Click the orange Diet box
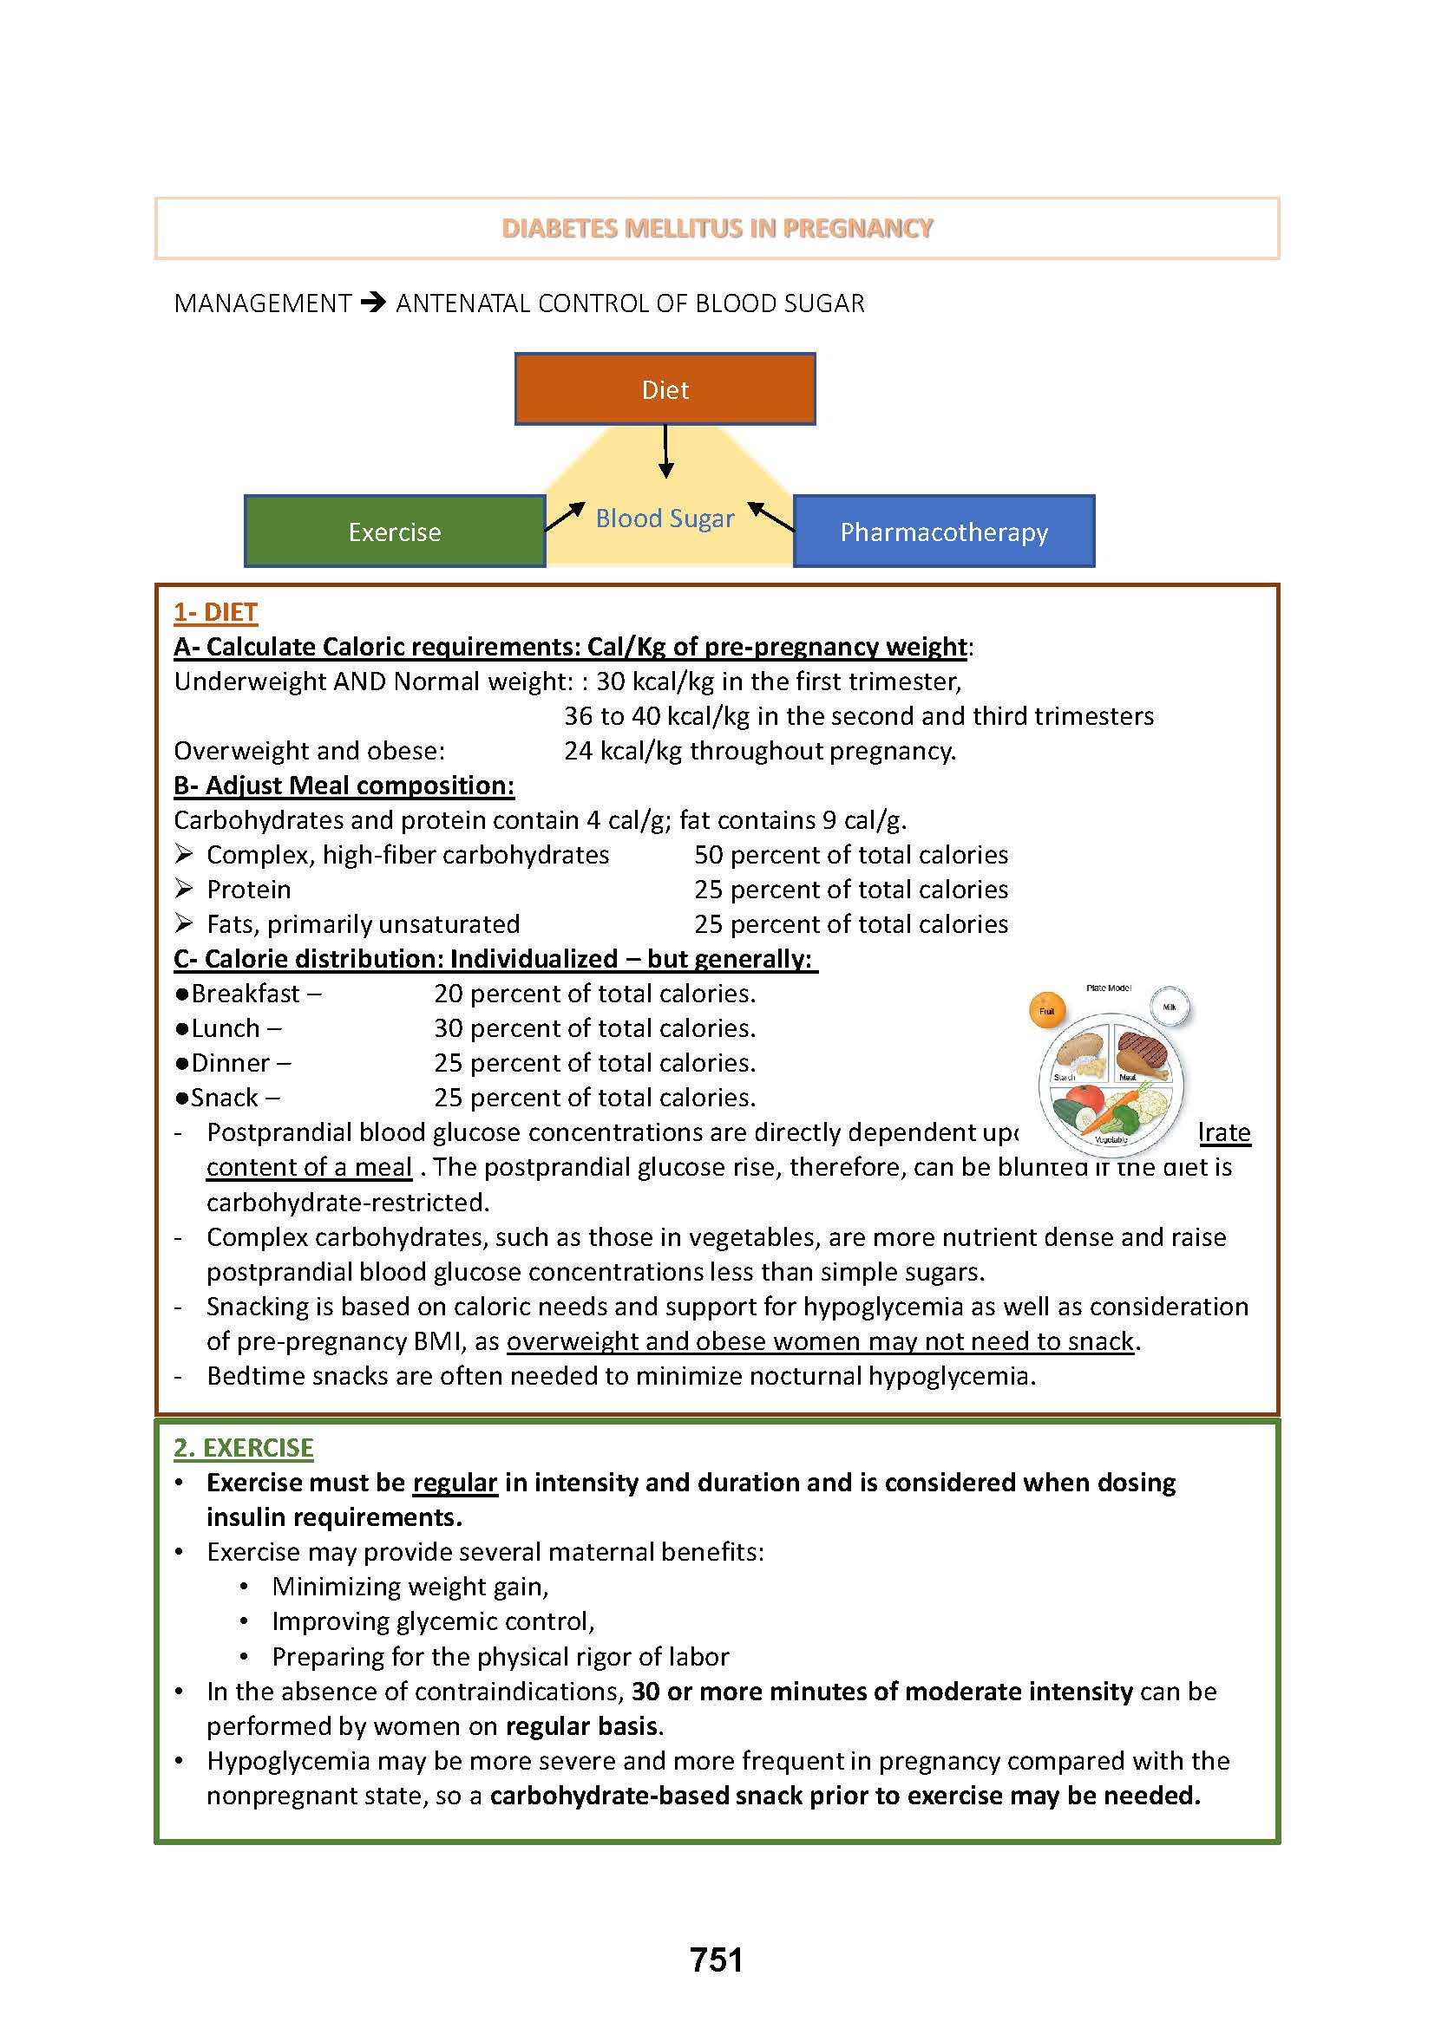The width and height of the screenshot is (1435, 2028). [665, 388]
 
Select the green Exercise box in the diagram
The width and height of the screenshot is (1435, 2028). [394, 531]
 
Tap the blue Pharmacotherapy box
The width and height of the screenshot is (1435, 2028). [943, 531]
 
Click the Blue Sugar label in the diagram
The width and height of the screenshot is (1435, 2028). [665, 518]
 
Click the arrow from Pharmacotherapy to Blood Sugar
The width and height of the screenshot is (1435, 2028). [770, 516]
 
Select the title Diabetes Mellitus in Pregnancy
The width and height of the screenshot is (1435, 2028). [717, 228]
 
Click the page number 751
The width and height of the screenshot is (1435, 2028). [717, 1960]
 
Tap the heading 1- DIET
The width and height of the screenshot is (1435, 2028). [216, 612]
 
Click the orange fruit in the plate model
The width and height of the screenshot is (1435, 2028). [1047, 1010]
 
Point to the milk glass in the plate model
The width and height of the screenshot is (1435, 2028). [1170, 1006]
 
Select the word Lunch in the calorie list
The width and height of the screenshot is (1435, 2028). [226, 1028]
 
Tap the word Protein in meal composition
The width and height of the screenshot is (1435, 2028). [248, 890]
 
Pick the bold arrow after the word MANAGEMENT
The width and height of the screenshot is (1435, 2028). [374, 303]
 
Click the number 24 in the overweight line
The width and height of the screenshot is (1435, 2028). [578, 751]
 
